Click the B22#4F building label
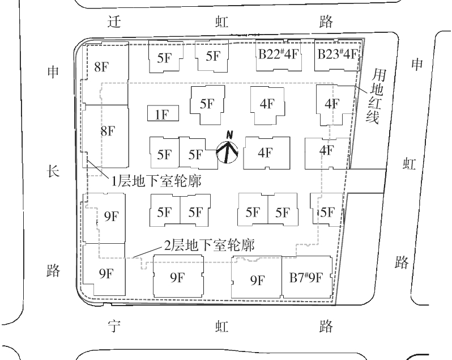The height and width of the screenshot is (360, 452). [278, 55]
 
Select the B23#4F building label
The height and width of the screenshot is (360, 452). [337, 55]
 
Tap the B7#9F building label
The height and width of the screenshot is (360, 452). [305, 278]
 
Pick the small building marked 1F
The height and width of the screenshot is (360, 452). [163, 114]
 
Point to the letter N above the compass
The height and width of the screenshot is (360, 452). [229, 134]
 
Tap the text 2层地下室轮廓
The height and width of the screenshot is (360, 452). [208, 245]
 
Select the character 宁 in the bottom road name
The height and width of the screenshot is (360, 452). [115, 327]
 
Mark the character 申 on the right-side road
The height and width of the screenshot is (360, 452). [417, 65]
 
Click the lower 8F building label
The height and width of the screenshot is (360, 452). [108, 131]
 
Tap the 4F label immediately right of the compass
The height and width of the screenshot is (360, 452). [265, 153]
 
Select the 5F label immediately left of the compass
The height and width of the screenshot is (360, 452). [195, 154]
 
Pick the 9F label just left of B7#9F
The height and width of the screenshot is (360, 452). [257, 279]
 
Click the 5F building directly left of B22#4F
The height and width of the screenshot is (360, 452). [213, 56]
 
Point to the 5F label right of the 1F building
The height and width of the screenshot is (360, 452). [207, 104]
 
